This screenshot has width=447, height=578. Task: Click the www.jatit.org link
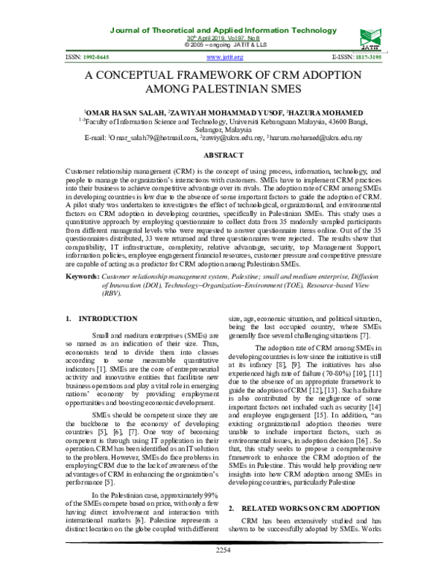click(x=223, y=57)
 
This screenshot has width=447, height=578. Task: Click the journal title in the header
click(x=223, y=9)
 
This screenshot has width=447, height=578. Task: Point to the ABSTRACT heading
click(x=223, y=155)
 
